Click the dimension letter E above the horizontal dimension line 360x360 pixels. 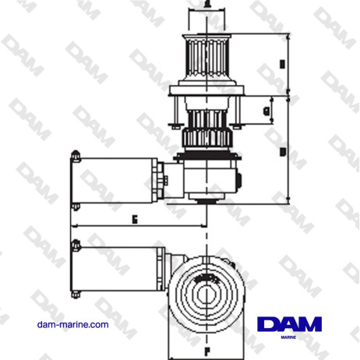135,220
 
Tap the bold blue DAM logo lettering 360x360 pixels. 288,323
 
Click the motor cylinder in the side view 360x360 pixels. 117,179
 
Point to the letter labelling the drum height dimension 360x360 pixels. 281,64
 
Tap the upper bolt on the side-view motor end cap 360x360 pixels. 75,154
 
